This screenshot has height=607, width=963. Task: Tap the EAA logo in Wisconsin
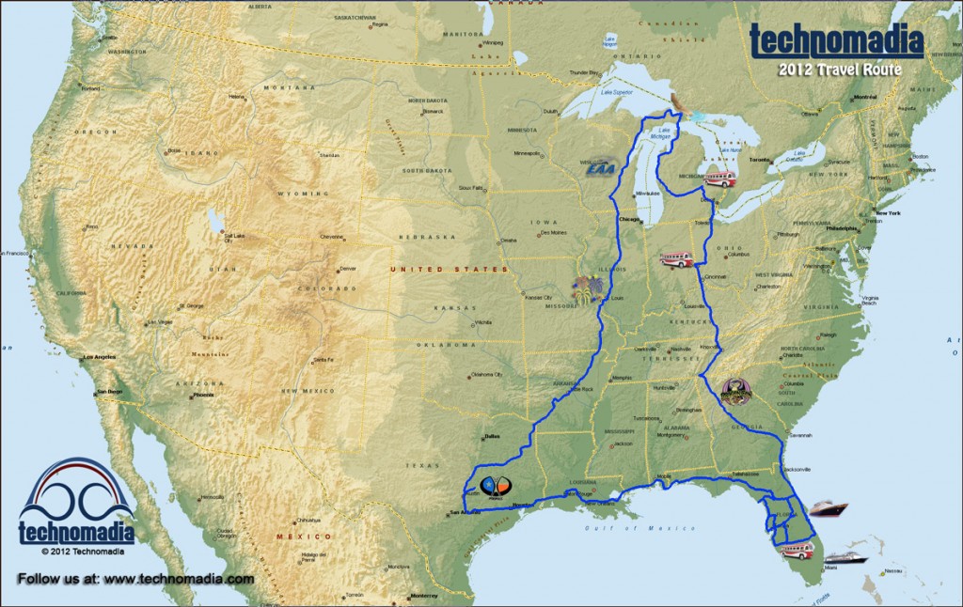pyautogui.click(x=599, y=167)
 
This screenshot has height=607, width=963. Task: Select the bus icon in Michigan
pyautogui.click(x=719, y=179)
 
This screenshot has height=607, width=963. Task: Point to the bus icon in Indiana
pyautogui.click(x=676, y=258)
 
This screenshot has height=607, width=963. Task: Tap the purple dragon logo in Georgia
pyautogui.click(x=735, y=390)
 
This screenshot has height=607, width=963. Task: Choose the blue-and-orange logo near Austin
pyautogui.click(x=495, y=486)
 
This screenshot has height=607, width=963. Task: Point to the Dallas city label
pyautogui.click(x=490, y=436)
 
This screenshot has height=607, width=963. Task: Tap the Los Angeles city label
pyautogui.click(x=100, y=357)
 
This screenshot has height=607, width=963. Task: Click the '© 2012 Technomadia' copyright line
pyautogui.click(x=76, y=552)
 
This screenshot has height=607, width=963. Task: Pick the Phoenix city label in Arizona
pyautogui.click(x=203, y=395)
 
